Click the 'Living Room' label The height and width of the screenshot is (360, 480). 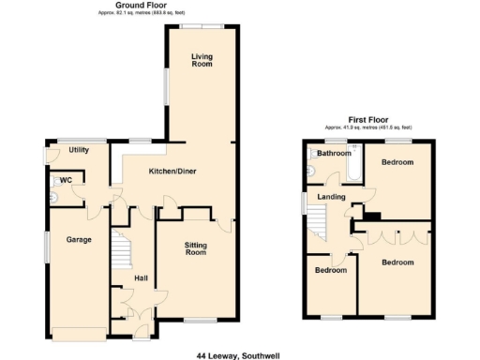click(202, 61)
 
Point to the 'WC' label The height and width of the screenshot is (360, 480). click(66, 180)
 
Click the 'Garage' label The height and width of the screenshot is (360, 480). click(78, 240)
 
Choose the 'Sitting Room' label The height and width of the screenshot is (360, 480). click(194, 248)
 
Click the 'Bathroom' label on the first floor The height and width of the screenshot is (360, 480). click(334, 154)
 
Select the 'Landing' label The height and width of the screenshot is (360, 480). click(332, 197)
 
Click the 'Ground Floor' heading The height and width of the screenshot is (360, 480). click(135, 5)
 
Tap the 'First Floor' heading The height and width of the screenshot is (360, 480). click(368, 119)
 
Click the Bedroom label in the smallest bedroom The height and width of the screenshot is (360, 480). click(329, 270)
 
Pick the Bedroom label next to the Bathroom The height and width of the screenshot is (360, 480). click(398, 162)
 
